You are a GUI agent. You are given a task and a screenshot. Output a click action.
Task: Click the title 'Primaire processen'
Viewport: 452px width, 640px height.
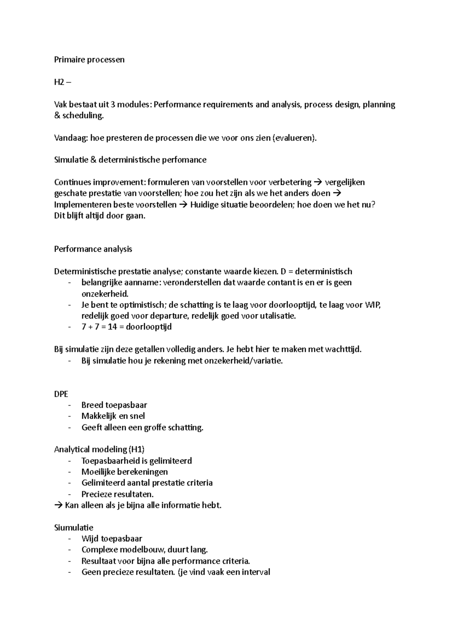click(89, 60)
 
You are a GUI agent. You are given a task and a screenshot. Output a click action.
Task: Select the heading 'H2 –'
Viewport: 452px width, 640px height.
click(62, 82)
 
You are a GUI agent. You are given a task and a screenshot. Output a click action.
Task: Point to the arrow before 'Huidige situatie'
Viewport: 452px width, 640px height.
click(183, 205)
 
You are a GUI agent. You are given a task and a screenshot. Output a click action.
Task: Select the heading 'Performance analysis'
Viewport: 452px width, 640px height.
click(93, 249)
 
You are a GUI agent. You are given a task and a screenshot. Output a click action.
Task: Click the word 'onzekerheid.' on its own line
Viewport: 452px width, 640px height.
click(105, 294)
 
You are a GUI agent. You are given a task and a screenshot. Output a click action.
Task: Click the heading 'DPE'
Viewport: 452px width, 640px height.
click(61, 394)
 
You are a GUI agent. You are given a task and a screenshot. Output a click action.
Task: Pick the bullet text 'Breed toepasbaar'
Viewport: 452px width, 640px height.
click(114, 405)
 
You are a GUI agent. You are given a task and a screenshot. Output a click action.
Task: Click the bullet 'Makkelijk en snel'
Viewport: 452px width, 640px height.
click(113, 416)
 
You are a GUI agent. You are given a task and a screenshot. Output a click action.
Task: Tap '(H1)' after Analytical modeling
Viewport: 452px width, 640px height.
click(136, 449)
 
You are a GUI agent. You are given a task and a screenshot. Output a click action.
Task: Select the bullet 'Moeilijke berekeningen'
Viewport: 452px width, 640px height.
click(125, 472)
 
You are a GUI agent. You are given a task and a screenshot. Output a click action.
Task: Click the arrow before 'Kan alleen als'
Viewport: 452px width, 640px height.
click(59, 505)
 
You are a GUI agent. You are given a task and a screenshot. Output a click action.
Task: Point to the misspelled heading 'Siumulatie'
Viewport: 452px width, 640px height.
click(74, 528)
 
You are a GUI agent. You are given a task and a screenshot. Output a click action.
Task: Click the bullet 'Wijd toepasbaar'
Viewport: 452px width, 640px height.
click(112, 539)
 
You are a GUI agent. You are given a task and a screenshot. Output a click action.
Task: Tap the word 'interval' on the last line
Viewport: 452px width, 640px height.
click(256, 572)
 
